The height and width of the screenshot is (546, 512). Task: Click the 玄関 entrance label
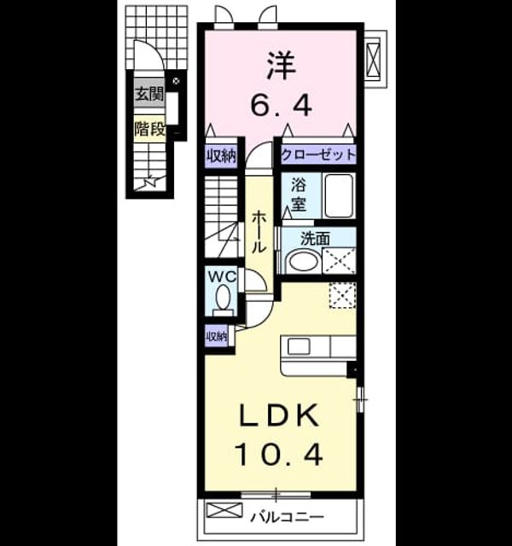(149, 94)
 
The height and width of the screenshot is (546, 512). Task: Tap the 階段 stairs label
(150, 129)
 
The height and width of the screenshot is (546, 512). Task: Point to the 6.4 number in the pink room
(281, 105)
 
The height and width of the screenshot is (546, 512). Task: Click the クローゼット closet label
(318, 154)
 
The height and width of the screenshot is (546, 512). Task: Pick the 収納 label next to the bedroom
(221, 155)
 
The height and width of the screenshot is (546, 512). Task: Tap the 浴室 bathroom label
(299, 194)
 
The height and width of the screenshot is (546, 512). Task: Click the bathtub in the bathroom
(339, 195)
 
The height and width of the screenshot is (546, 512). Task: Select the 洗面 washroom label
(315, 239)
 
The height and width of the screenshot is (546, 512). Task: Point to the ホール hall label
(259, 232)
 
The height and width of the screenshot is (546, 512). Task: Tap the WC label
(222, 277)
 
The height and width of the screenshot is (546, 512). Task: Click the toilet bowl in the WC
(223, 298)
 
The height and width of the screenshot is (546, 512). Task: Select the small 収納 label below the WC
(217, 336)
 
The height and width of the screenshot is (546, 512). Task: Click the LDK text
(279, 415)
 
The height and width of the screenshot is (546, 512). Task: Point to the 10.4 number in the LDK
(280, 456)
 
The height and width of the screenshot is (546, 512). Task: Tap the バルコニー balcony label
(288, 517)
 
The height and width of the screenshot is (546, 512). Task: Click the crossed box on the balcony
(224, 510)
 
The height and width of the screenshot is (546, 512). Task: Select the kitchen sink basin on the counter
(299, 346)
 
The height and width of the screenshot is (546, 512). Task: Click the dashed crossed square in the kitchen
(342, 295)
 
